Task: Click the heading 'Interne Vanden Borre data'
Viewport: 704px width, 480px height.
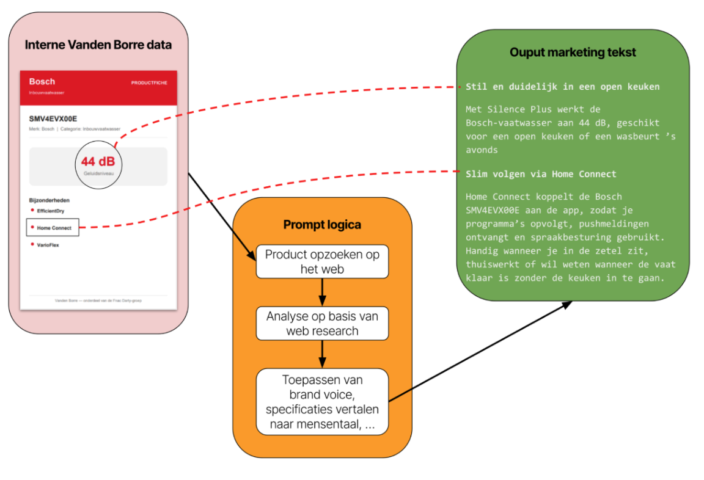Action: [98, 45]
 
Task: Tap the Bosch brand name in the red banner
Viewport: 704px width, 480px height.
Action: [42, 82]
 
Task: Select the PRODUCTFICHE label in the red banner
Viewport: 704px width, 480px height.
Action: [149, 83]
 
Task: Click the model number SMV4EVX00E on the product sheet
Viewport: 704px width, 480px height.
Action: [53, 119]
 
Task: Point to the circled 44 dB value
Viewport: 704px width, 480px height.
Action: [98, 161]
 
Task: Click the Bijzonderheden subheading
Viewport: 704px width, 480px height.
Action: [50, 200]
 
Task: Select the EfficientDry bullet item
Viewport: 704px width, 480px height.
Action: [48, 211]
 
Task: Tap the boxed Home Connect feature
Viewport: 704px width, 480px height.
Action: [53, 227]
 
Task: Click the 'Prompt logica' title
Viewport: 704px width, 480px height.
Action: [322, 225]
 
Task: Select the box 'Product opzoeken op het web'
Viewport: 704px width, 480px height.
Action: [323, 261]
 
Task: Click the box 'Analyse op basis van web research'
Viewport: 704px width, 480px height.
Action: [323, 324]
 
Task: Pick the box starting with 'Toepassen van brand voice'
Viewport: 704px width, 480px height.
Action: [323, 402]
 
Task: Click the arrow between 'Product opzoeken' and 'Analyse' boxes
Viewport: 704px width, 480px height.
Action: [323, 293]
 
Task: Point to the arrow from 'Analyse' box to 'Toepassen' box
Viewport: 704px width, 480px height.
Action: [323, 354]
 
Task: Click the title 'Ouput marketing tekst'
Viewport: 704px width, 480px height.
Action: [573, 53]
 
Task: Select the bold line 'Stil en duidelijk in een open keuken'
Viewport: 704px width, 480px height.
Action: [563, 87]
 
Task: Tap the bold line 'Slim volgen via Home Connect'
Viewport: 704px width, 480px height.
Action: [541, 174]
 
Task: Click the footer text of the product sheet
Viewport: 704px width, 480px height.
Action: [98, 300]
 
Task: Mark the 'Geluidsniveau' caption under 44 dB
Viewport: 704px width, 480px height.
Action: [99, 173]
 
